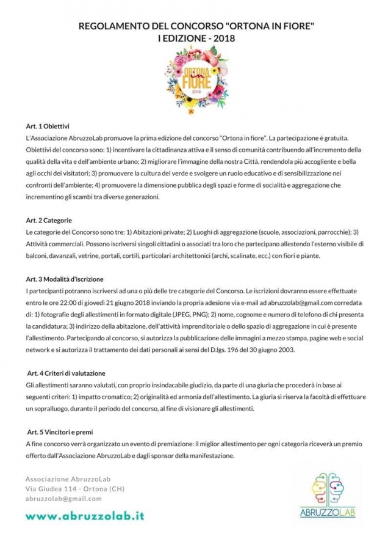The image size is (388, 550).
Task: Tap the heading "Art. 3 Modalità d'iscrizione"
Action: pyautogui.click(x=65, y=279)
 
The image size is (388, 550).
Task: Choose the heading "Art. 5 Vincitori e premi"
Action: pyautogui.click(x=60, y=431)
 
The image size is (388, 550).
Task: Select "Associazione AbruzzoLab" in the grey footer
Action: pyautogui.click(x=67, y=478)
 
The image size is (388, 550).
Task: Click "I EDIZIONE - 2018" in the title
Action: pyautogui.click(x=194, y=38)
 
